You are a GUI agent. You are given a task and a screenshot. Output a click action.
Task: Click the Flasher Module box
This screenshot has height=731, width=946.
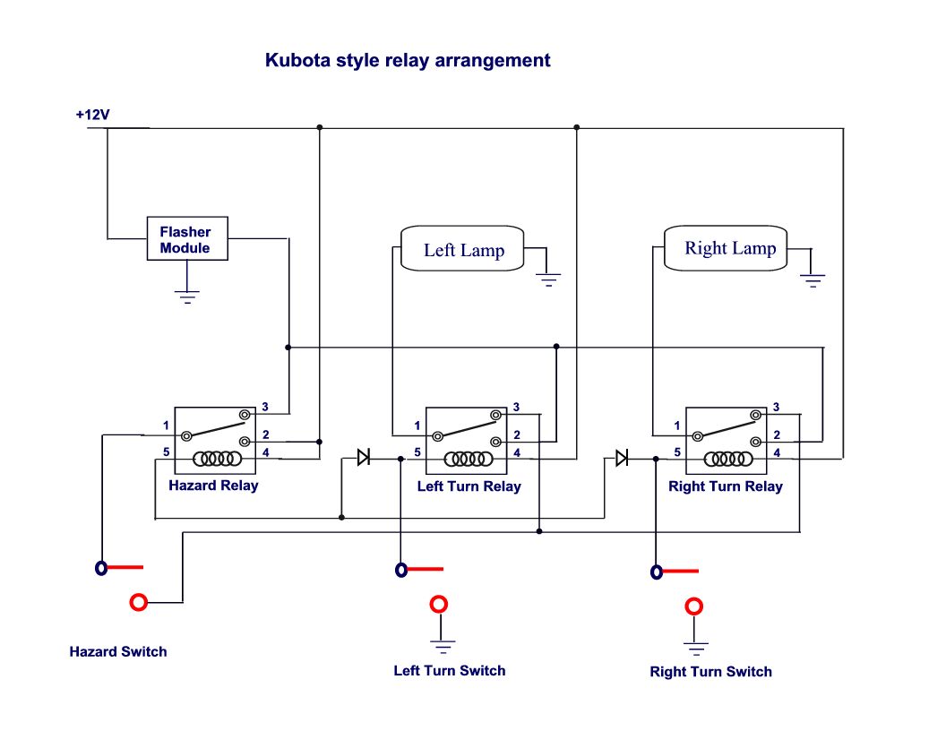[186, 239]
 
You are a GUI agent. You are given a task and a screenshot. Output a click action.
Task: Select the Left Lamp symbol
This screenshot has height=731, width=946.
[463, 249]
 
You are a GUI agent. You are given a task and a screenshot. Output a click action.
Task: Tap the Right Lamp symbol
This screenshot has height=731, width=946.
[729, 247]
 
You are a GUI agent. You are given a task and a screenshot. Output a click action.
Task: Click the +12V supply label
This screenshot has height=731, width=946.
[92, 116]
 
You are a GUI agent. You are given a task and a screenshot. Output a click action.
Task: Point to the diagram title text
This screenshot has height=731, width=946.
[408, 61]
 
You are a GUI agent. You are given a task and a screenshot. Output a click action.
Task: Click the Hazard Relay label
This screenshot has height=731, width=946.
[213, 486]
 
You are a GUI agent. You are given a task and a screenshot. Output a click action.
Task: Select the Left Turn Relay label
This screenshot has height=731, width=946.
[469, 486]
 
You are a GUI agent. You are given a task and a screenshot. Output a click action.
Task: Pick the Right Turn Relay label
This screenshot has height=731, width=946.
[725, 486]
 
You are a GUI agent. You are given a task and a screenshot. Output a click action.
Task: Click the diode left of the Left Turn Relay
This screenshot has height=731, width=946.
[363, 458]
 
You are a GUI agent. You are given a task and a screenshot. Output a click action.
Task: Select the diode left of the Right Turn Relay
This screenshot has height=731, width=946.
[621, 458]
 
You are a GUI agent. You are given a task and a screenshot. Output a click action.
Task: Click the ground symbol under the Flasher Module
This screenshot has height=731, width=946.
[186, 297]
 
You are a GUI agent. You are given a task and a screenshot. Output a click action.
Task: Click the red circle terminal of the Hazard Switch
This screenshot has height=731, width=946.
[139, 602]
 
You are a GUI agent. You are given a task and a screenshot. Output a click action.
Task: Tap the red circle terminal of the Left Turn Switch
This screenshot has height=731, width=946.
[439, 605]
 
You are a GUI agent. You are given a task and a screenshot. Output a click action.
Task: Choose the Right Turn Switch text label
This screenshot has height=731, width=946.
[710, 672]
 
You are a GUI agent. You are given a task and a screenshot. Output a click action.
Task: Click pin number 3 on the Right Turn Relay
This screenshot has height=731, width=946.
[776, 407]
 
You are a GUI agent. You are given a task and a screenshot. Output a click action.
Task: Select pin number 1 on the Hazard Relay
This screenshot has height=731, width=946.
[167, 425]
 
